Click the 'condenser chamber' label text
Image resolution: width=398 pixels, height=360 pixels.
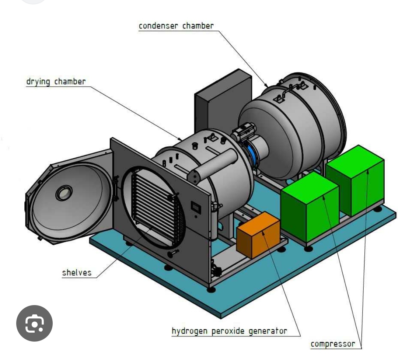pos(176,26)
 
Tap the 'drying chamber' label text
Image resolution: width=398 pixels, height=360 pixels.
pos(56,82)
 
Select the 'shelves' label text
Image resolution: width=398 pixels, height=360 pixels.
pos(77,273)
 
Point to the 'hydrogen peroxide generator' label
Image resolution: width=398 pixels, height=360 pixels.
pos(230,331)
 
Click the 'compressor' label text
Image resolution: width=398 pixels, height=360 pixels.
pos(333,344)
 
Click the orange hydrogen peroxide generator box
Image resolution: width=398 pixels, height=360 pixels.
pos(258,235)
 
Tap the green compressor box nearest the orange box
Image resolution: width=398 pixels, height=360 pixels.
pos(310,207)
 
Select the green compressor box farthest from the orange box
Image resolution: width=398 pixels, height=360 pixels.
pos(355,180)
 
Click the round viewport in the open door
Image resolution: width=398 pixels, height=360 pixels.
pos(64,193)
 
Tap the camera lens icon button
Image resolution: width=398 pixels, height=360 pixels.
pos(34,323)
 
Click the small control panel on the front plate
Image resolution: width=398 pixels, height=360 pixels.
pos(196,207)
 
